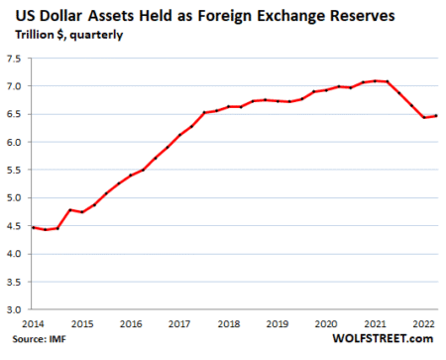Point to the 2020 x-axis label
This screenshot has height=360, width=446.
tap(326, 323)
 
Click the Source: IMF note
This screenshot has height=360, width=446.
tap(35, 347)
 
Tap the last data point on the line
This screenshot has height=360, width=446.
tap(438, 116)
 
